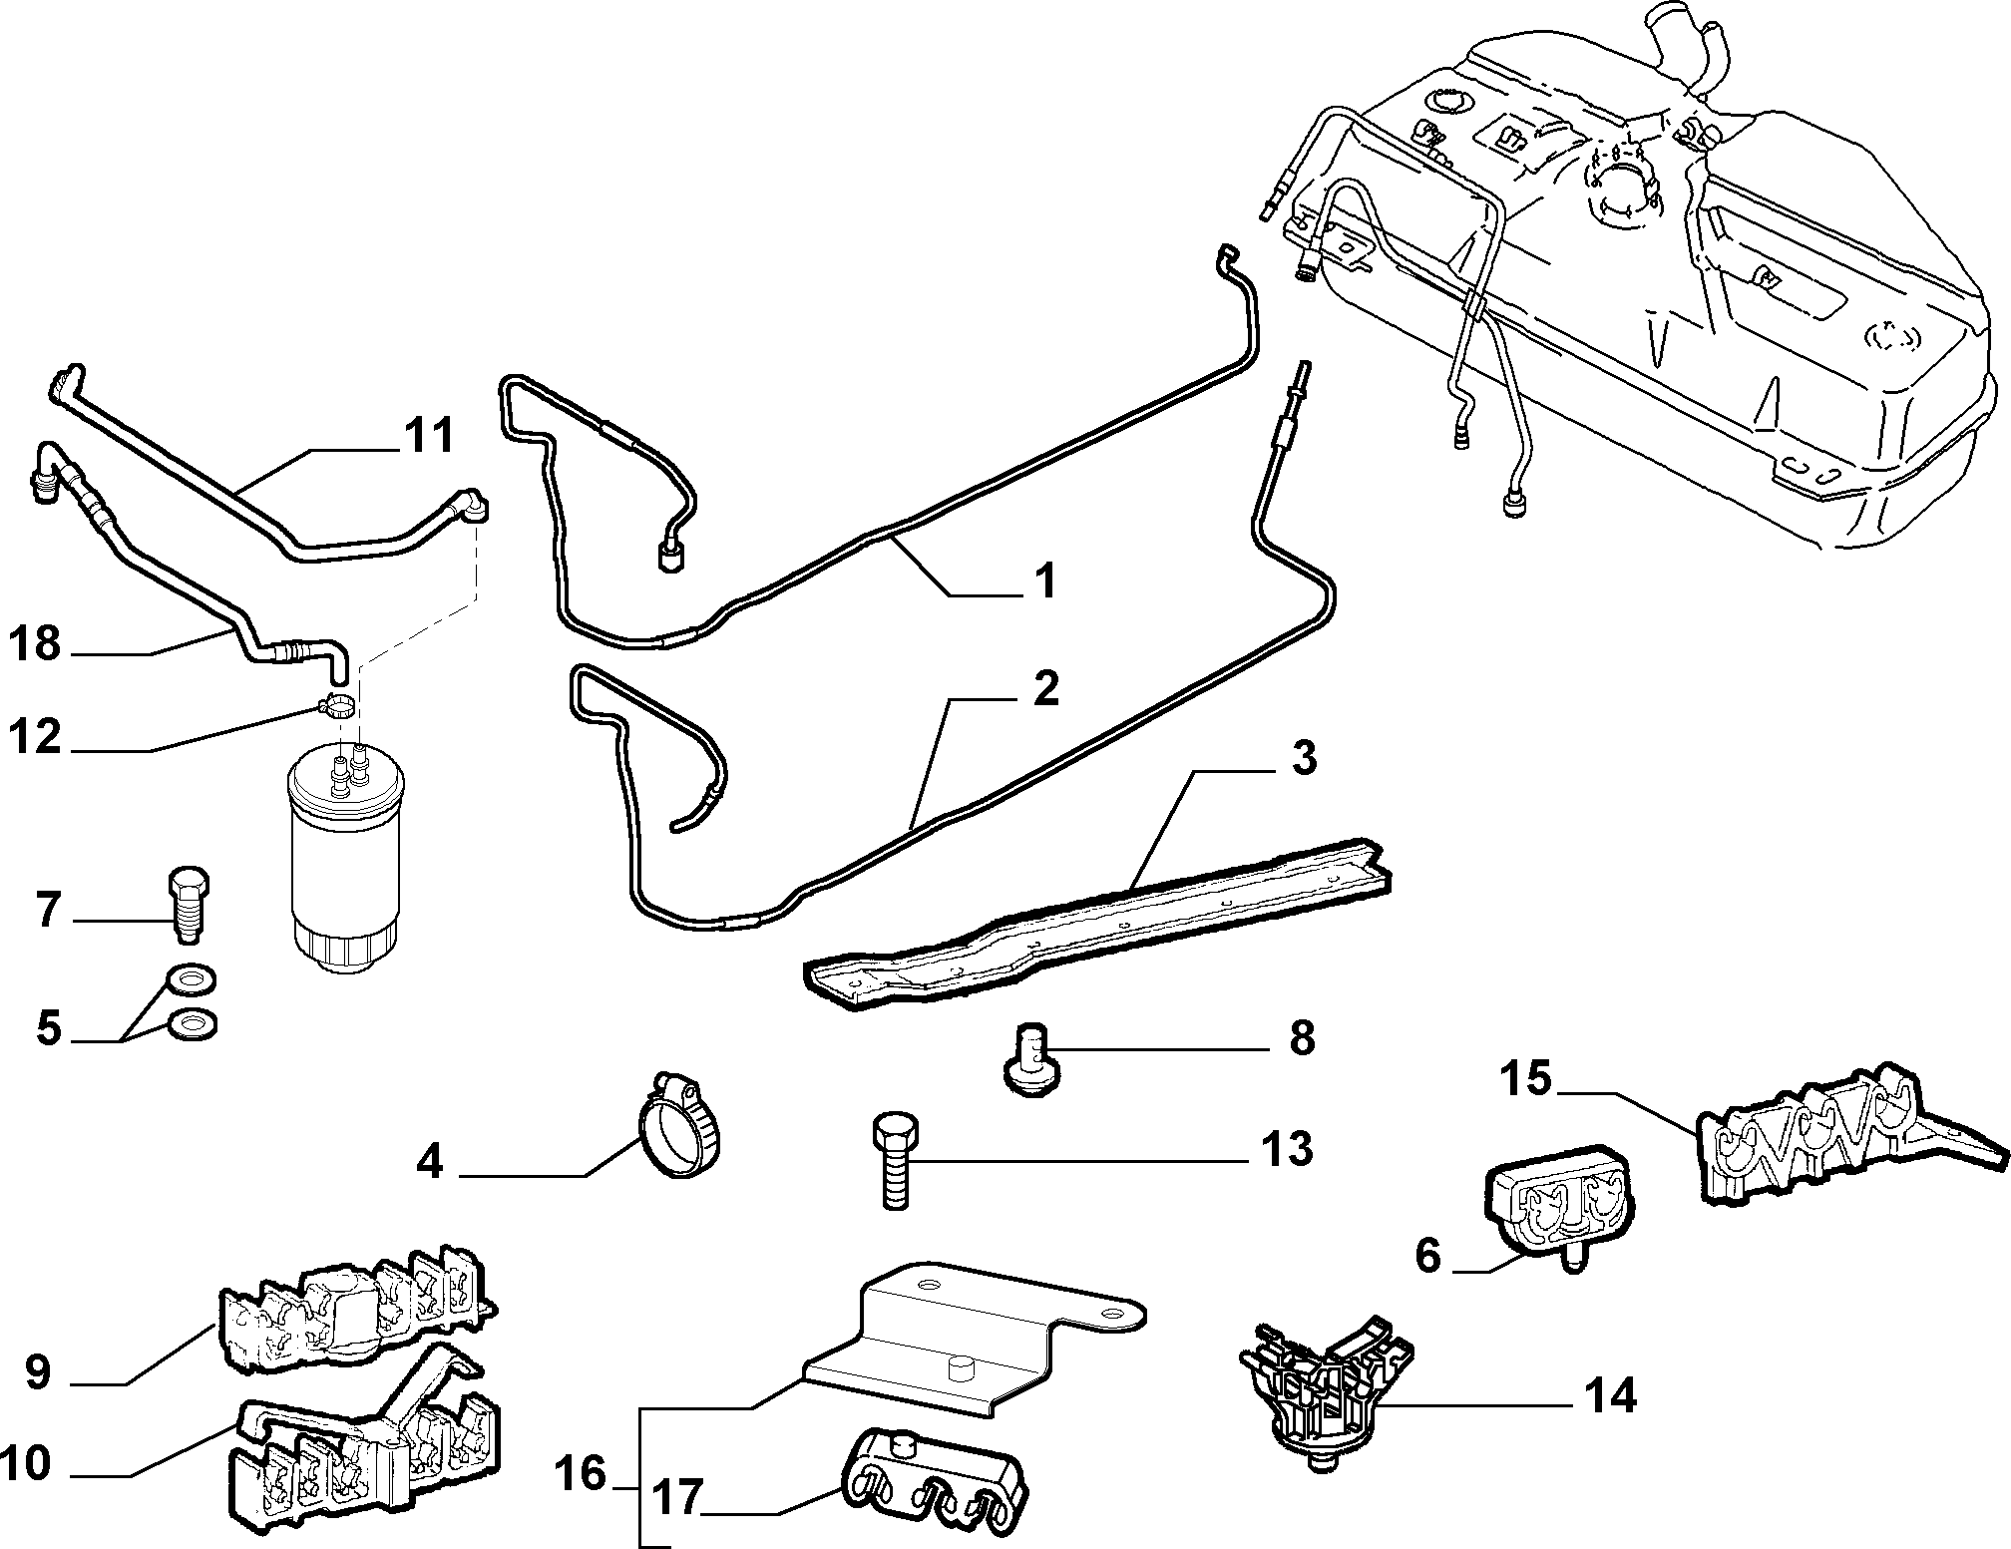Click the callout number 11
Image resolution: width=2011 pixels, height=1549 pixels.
click(429, 436)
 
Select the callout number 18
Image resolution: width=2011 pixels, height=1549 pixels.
click(36, 644)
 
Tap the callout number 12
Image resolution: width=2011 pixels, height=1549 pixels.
click(36, 738)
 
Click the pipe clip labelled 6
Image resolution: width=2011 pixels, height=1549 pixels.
click(1559, 1207)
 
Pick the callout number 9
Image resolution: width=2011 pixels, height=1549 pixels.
click(38, 1373)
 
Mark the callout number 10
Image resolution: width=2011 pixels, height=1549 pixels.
click(27, 1465)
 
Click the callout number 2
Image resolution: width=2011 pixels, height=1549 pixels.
click(1044, 688)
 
